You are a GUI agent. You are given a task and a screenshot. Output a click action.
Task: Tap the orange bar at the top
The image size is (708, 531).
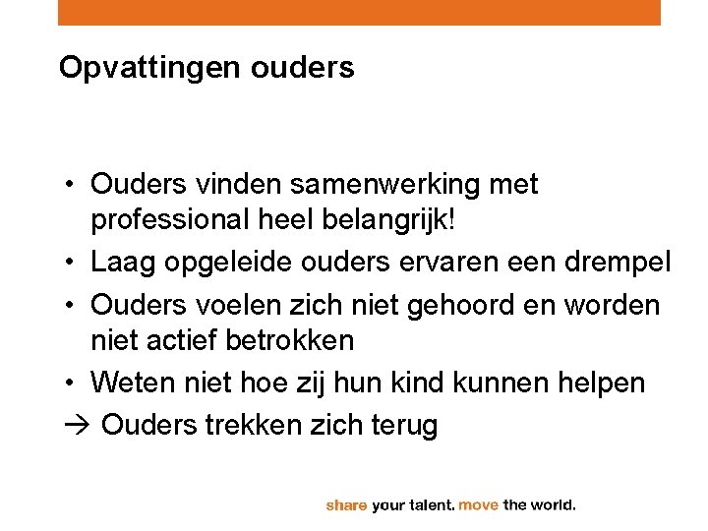(359, 12)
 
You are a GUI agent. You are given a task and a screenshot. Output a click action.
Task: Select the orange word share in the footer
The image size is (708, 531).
(346, 505)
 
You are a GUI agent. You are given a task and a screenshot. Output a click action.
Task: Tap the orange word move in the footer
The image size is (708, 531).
(479, 505)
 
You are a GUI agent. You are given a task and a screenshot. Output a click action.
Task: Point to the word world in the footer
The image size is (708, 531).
(554, 505)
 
